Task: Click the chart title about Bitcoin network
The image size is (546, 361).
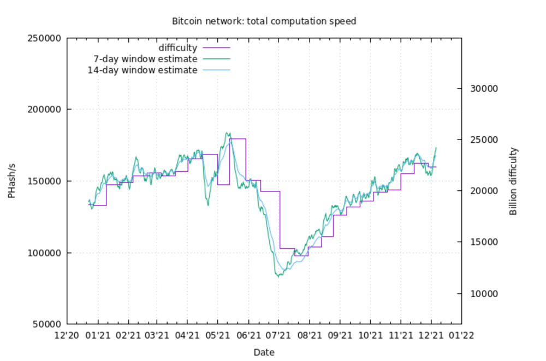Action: click(x=264, y=22)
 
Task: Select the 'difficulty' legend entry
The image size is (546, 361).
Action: click(x=177, y=48)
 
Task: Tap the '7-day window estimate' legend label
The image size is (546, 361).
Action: click(x=146, y=59)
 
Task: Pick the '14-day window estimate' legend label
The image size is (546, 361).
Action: click(x=143, y=70)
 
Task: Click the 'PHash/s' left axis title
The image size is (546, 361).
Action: click(x=11, y=180)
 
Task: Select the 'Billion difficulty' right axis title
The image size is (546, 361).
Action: click(x=513, y=181)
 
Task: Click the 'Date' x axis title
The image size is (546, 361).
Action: click(x=264, y=352)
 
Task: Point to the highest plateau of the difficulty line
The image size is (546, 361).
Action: click(x=238, y=139)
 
